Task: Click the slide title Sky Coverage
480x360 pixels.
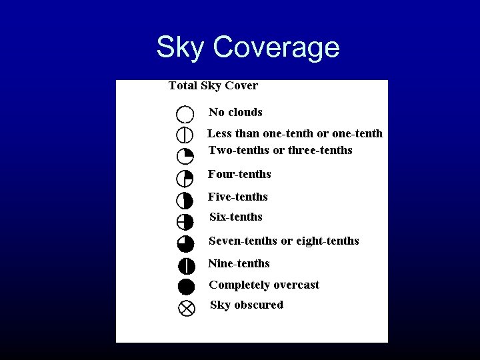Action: point(247,47)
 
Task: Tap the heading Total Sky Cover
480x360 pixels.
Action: point(213,85)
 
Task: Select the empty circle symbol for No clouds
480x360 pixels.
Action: point(185,114)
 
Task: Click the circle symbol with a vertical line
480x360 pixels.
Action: point(185,135)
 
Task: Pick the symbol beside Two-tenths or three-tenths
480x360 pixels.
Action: point(185,157)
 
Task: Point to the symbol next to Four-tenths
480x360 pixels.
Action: point(185,178)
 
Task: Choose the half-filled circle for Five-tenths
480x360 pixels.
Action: point(185,200)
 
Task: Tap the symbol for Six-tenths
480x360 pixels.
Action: point(185,222)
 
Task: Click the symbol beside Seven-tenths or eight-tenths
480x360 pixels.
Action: point(185,243)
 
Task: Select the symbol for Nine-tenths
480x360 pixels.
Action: point(186,265)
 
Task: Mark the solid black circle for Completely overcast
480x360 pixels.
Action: point(186,287)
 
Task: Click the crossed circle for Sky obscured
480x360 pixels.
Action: point(187,308)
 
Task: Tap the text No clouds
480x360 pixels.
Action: point(235,112)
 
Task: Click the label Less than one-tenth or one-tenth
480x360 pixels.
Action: point(295,133)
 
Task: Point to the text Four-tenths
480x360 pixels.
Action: point(239,174)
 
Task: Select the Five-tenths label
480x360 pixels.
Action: point(237,197)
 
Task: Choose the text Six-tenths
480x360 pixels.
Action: point(236,217)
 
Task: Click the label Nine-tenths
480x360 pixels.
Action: point(239,263)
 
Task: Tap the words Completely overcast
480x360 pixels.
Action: point(264,285)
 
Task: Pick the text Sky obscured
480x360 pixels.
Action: point(246,305)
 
